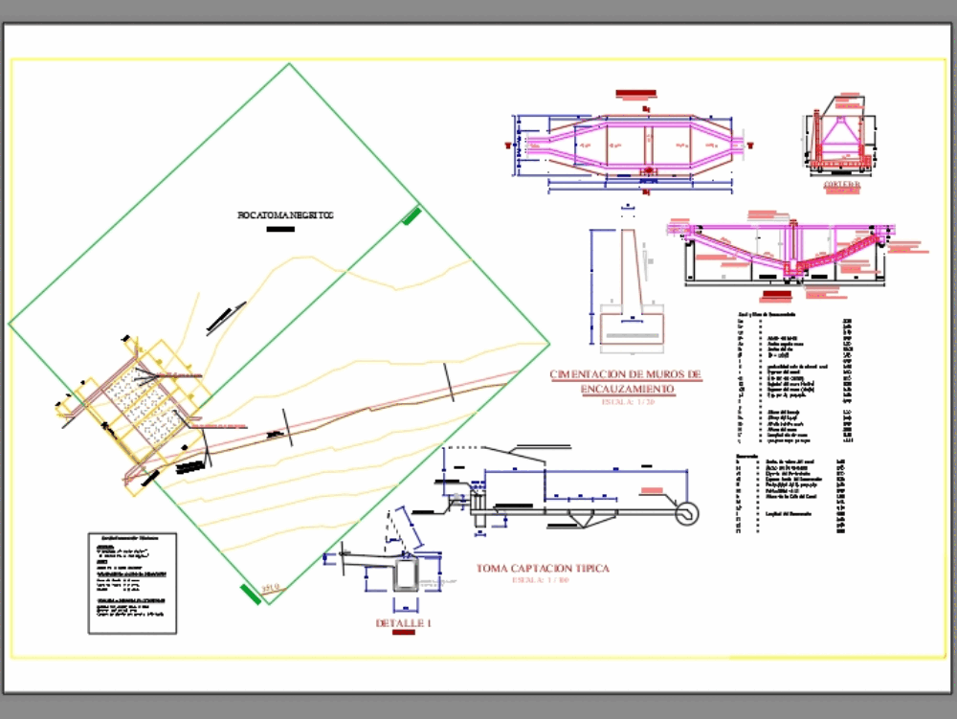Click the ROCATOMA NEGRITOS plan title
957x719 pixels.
point(284,216)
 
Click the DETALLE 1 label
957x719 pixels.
point(403,624)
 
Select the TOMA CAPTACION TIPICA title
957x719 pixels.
point(543,569)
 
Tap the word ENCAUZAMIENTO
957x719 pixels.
point(627,389)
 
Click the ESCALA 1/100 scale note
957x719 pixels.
point(540,581)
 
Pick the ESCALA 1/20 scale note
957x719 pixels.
point(628,402)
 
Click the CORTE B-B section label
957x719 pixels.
point(842,185)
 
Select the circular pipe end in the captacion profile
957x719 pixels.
point(686,513)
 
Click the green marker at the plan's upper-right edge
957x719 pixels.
point(412,215)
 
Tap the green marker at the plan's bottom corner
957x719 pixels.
point(250,595)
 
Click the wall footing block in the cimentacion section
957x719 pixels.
point(631,326)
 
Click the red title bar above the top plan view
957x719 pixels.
point(636,94)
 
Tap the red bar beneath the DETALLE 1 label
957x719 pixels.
point(403,635)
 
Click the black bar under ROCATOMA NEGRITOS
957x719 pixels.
point(280,230)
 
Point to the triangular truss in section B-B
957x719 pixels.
point(842,134)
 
